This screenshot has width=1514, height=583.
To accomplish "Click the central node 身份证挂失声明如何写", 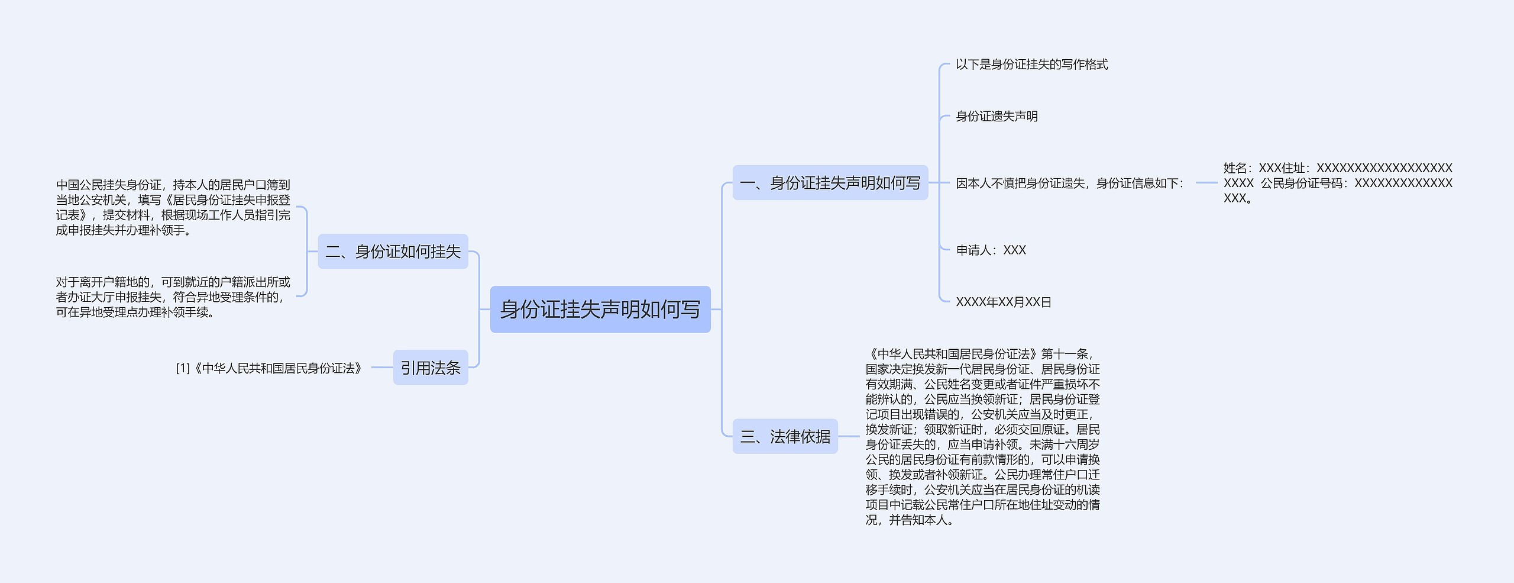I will (600, 309).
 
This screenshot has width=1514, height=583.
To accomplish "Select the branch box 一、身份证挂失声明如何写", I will (830, 183).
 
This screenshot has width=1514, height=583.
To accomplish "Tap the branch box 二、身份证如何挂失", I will (393, 252).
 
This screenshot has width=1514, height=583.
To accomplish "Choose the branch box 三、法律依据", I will (785, 437).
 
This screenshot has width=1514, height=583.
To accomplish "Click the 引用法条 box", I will (430, 368).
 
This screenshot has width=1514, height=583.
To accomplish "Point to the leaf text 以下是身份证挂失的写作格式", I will (1031, 65).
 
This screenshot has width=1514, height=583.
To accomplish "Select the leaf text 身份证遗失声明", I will (997, 116).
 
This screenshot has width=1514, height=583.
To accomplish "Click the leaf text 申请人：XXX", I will (991, 250).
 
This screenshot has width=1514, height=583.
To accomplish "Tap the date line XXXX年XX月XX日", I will (1003, 302).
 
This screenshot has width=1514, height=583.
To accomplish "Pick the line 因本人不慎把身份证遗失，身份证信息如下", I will (1069, 183).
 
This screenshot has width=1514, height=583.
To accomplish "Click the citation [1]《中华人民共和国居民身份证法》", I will (269, 368).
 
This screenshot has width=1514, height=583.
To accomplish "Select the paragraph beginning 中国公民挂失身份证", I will (173, 208).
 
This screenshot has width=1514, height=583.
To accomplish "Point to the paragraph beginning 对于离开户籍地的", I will (173, 297).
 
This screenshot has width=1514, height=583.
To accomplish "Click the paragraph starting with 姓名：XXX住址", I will (1338, 183).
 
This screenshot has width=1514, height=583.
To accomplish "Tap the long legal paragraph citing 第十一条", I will (982, 437).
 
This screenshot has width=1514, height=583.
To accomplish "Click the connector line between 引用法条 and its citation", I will (382, 368).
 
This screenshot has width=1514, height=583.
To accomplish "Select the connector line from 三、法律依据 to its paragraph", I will (849, 437).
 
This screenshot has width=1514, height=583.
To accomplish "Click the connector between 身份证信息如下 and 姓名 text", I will (1206, 183).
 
